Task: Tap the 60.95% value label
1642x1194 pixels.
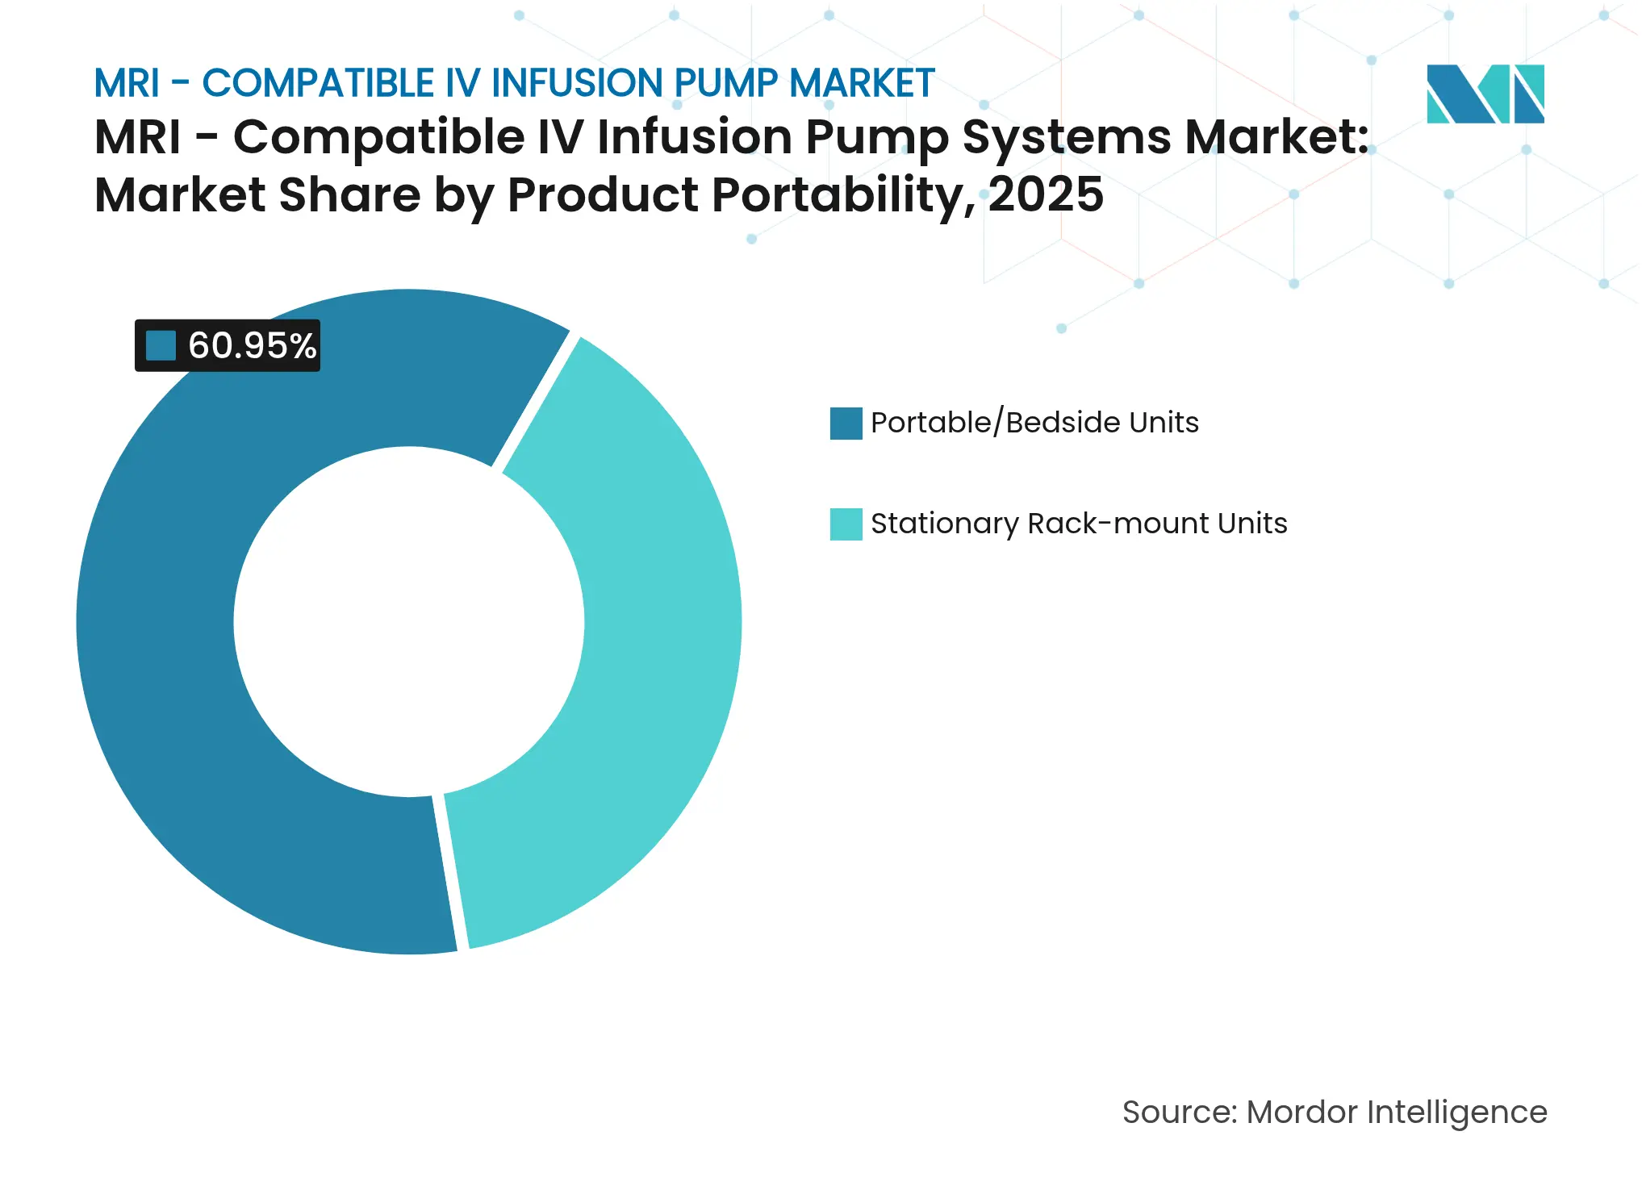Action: pyautogui.click(x=252, y=345)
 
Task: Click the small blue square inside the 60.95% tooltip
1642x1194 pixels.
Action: pyautogui.click(x=161, y=345)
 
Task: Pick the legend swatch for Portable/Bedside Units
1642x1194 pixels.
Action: pyautogui.click(x=846, y=423)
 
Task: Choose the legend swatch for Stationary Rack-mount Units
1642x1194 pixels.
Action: pyautogui.click(x=846, y=524)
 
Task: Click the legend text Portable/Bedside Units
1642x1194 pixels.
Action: pyautogui.click(x=1034, y=423)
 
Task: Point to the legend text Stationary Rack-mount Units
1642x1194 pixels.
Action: pyautogui.click(x=1079, y=524)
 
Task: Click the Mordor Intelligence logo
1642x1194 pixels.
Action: pyautogui.click(x=1485, y=94)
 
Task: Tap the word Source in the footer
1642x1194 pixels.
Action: pyautogui.click(x=1178, y=1112)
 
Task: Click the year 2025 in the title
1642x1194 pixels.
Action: pyautogui.click(x=1046, y=194)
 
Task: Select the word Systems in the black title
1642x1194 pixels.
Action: pyautogui.click(x=1066, y=136)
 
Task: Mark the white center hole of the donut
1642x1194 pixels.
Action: pyautogui.click(x=409, y=621)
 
